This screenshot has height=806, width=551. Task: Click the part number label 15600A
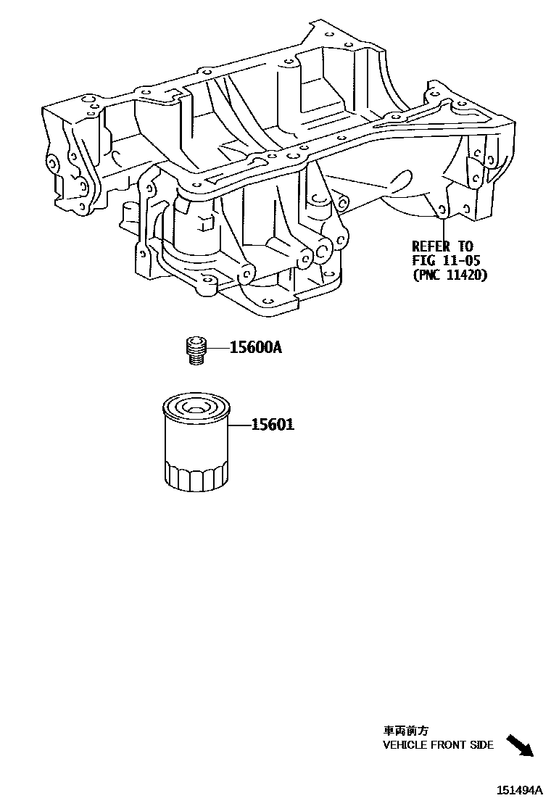pos(255,348)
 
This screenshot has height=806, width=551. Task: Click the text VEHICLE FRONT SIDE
pos(438,744)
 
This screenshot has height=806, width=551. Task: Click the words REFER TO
pos(442,246)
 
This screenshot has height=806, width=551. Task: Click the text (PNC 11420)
pos(449,275)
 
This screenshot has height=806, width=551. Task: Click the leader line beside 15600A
pos(217,348)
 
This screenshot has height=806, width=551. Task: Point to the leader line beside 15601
pos(239,425)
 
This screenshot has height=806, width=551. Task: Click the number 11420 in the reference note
pos(465,275)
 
